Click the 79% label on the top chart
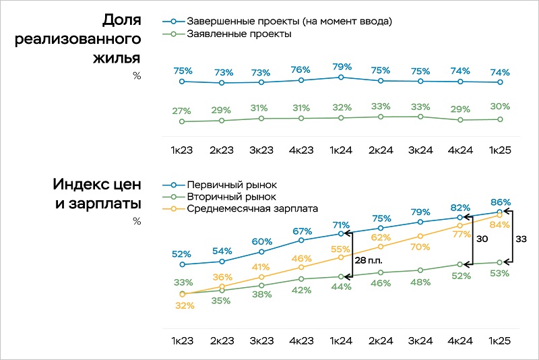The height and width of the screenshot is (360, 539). point(341,67)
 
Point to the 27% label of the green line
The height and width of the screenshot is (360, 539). point(182,111)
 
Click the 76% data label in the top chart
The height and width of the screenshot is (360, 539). point(300,69)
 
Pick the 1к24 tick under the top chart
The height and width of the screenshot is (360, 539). point(341,150)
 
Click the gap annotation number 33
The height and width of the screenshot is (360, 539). point(521,238)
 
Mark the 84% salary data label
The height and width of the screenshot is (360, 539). point(499,225)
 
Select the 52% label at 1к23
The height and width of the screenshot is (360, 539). point(181,254)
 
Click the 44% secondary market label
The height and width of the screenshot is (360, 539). point(341,287)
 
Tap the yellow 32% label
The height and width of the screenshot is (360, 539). point(185,305)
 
